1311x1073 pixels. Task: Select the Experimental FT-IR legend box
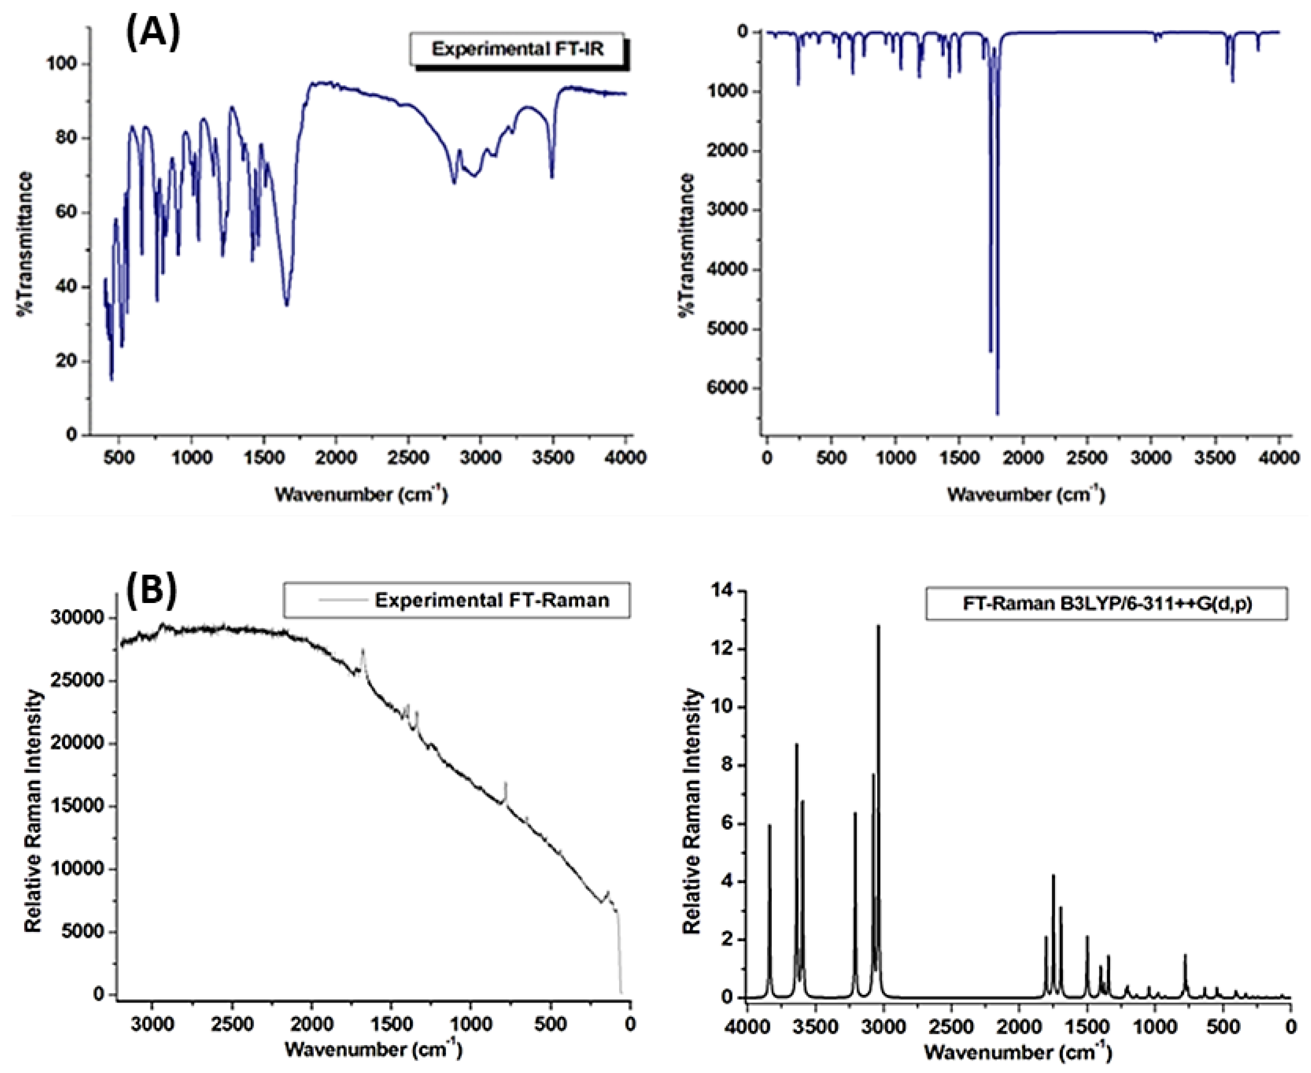point(517,49)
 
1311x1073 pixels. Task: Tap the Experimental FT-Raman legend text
point(491,600)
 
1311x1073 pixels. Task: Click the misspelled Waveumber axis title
point(1025,494)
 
